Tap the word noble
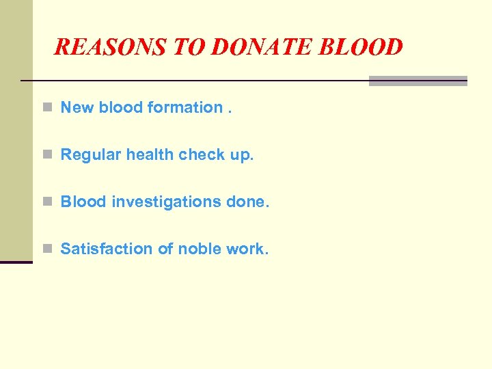[x=199, y=249]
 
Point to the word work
[x=247, y=249]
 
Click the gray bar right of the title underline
[x=418, y=81]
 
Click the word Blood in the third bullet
[x=83, y=202]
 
